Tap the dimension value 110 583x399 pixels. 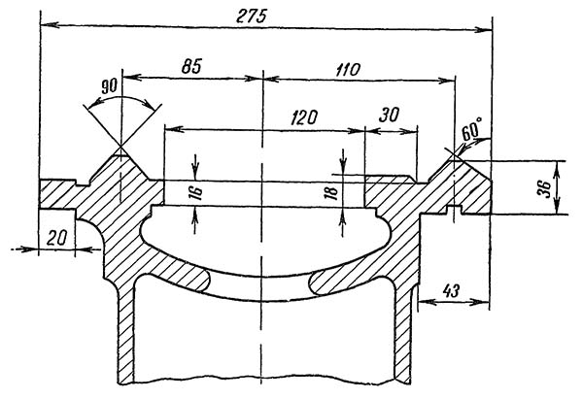pos(347,69)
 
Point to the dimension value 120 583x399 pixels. pos(305,117)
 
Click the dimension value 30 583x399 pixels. pos(390,114)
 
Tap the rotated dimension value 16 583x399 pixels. pos(195,192)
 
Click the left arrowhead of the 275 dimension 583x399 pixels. pos(44,23)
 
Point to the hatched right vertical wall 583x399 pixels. pos(403,330)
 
